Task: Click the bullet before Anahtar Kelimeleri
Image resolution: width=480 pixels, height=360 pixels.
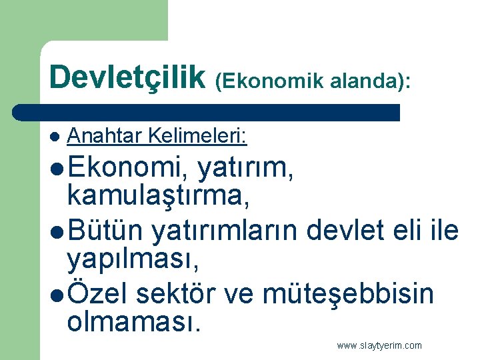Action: tap(54, 138)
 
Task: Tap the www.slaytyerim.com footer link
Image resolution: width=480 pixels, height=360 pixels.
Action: tap(379, 345)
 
